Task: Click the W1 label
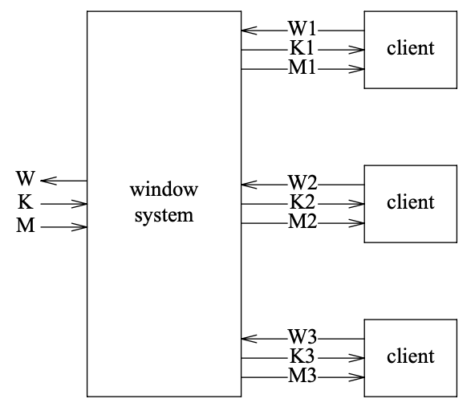(x=302, y=28)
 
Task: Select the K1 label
(x=302, y=48)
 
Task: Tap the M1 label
(x=302, y=67)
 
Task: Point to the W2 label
(x=302, y=182)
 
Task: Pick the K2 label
(x=302, y=201)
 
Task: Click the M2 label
(x=302, y=222)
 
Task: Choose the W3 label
(x=302, y=336)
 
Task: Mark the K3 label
(x=302, y=356)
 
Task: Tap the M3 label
(x=302, y=375)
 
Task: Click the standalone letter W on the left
(x=26, y=178)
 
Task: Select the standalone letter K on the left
(x=26, y=201)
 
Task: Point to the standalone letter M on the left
(x=26, y=226)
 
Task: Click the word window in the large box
(x=164, y=189)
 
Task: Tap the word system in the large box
(x=164, y=216)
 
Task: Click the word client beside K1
(x=411, y=48)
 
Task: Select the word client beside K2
(x=411, y=201)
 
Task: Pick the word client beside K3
(x=411, y=356)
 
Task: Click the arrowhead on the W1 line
(x=249, y=31)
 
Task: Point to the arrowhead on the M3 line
(x=356, y=377)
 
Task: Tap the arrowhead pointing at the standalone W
(x=48, y=181)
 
